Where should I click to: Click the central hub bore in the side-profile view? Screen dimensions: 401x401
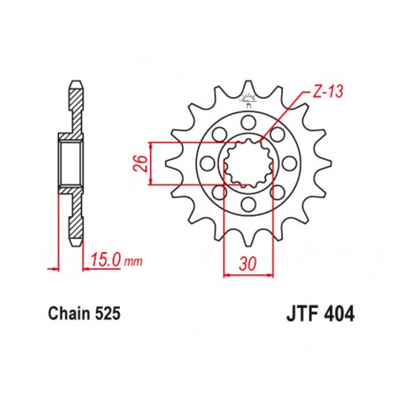coord(71,163)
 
